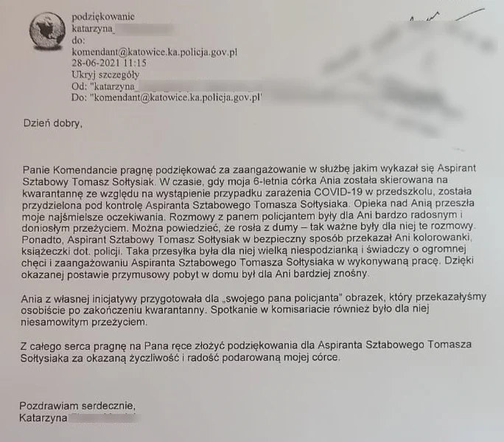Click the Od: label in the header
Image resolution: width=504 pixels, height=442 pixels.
[x=80, y=86]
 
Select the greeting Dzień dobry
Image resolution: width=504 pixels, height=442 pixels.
[x=52, y=123]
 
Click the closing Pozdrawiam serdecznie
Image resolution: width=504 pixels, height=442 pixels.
[x=77, y=406]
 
